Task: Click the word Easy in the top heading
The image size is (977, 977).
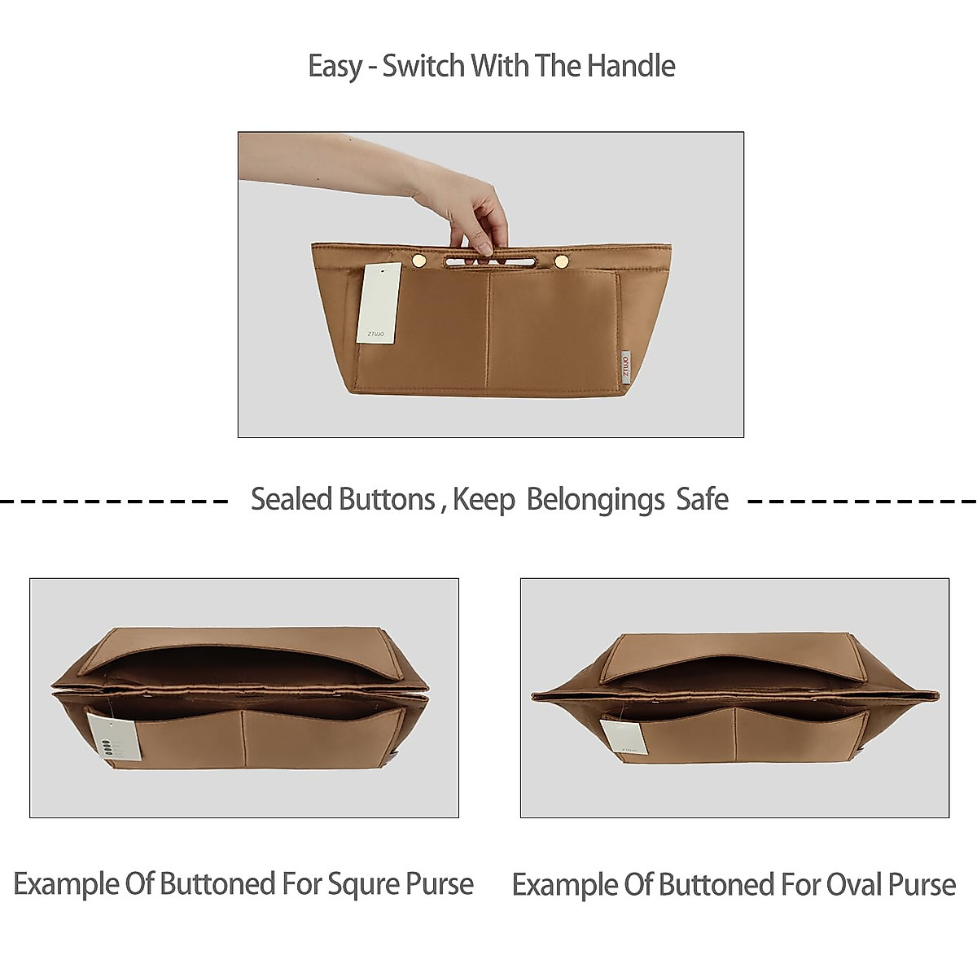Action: [334, 67]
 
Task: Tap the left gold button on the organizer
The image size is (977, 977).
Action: [419, 260]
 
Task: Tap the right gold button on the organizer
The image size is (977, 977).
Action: [561, 261]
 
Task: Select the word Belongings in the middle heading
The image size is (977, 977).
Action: [595, 500]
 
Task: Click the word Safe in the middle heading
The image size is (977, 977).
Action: [702, 499]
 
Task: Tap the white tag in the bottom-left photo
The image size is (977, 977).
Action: [114, 735]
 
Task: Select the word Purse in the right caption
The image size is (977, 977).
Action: [922, 885]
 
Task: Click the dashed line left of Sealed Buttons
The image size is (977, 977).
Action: [114, 501]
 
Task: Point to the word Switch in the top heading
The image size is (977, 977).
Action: [423, 66]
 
